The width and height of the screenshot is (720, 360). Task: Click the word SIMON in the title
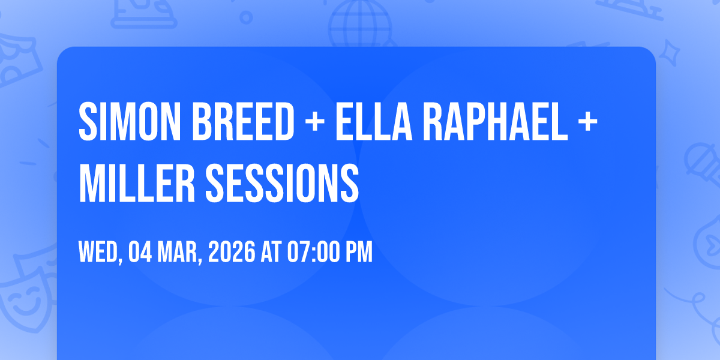pyautogui.click(x=130, y=121)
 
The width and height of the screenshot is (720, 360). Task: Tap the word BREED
pyautogui.click(x=243, y=121)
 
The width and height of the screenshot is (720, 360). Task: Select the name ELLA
pyautogui.click(x=374, y=121)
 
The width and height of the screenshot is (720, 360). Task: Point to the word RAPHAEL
pyautogui.click(x=495, y=121)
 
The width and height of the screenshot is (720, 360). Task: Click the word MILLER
pyautogui.click(x=137, y=183)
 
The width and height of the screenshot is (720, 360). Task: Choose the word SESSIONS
pyautogui.click(x=282, y=183)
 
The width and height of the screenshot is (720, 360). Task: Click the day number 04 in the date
pyautogui.click(x=140, y=252)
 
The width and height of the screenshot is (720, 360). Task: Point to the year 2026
pyautogui.click(x=232, y=252)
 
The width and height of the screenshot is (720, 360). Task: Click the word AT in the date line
pyautogui.click(x=271, y=252)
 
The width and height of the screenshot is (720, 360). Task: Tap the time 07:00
pyautogui.click(x=313, y=252)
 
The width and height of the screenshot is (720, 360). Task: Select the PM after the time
pyautogui.click(x=359, y=252)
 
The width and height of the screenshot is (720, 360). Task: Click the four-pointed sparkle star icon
pyautogui.click(x=669, y=53)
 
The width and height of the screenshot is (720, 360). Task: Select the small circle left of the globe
pyautogui.click(x=246, y=17)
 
